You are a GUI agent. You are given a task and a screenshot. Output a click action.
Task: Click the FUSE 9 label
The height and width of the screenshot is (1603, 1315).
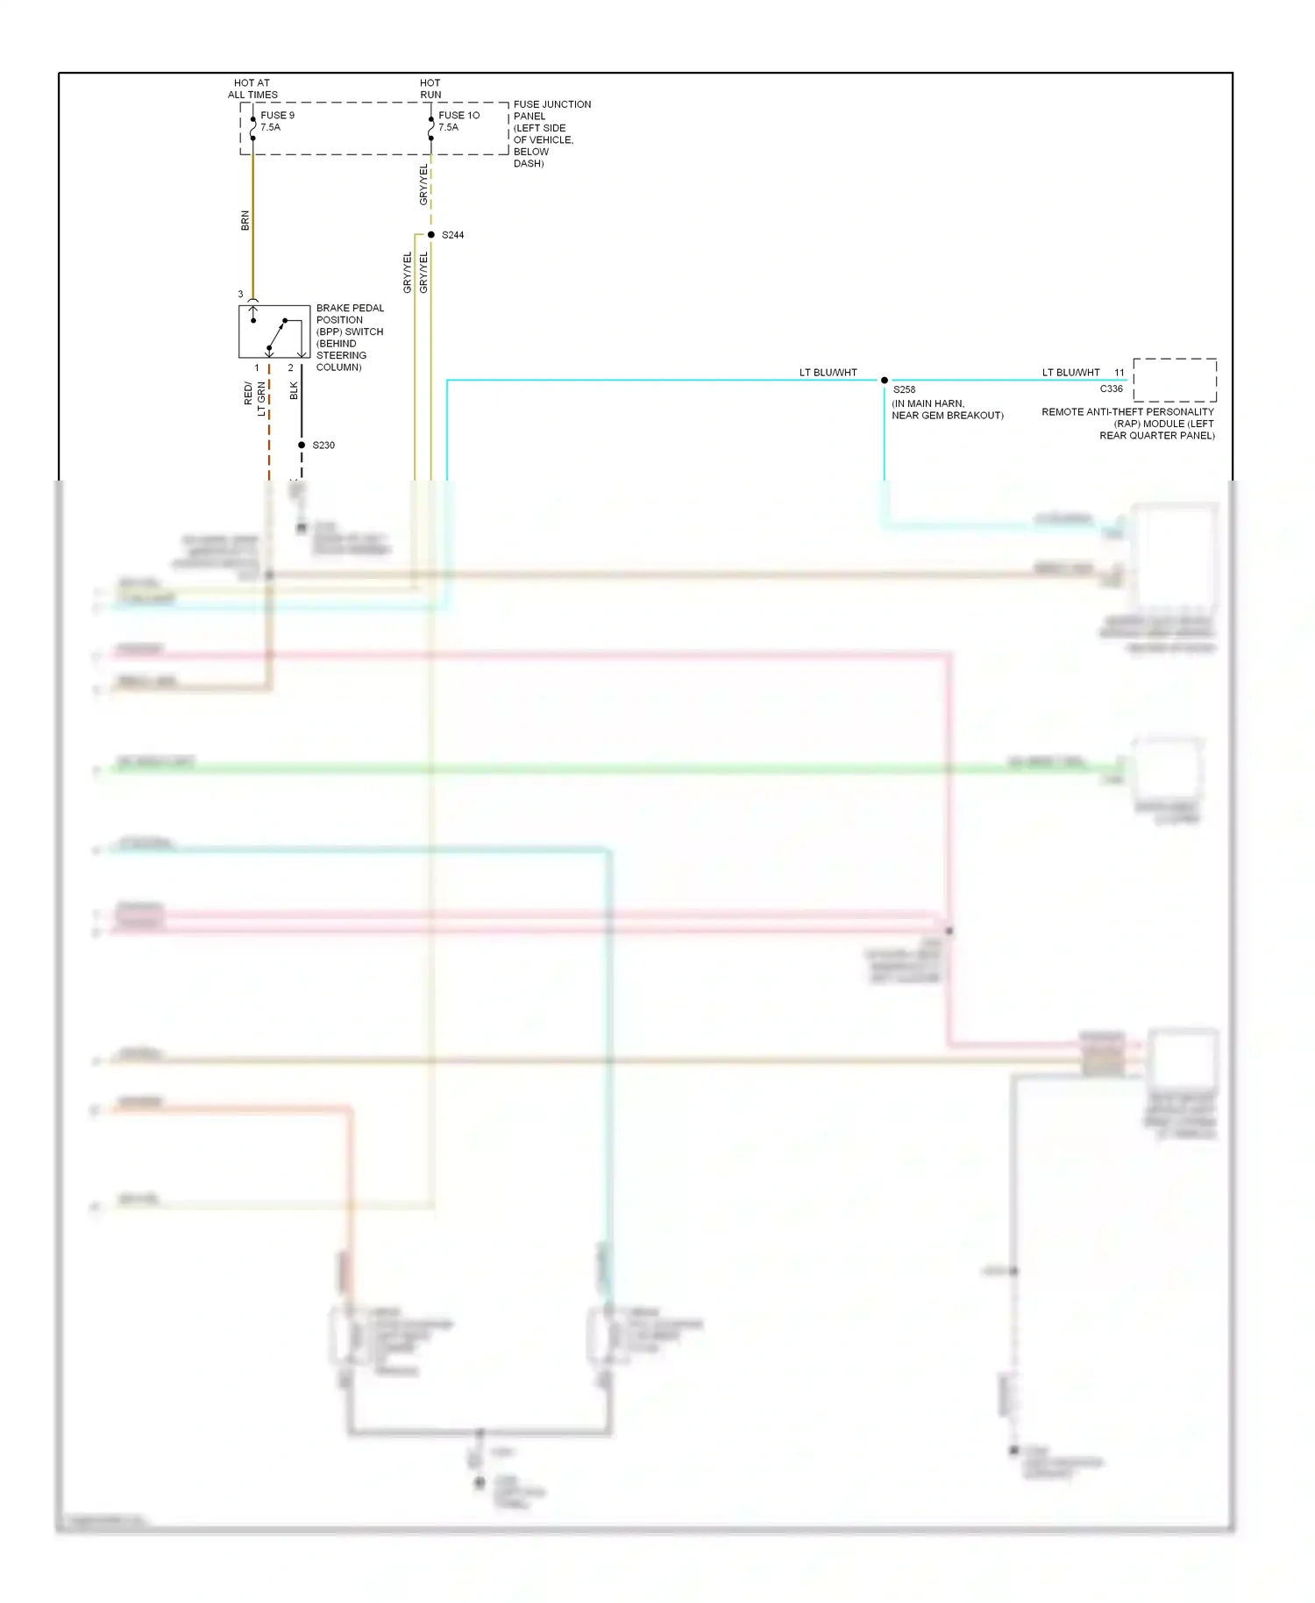(277, 115)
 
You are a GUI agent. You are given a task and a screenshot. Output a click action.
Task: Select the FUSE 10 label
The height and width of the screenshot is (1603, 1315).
(458, 115)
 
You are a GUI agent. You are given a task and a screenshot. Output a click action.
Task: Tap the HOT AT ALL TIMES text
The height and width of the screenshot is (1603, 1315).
(252, 89)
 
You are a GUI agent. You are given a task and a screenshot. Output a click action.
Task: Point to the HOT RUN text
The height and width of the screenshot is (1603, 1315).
(430, 89)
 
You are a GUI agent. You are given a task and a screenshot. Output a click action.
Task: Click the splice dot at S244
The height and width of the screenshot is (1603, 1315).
(430, 235)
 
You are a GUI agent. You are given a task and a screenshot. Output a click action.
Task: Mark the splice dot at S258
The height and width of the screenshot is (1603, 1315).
(884, 381)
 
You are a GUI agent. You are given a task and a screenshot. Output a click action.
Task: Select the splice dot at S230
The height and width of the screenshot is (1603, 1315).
(302, 445)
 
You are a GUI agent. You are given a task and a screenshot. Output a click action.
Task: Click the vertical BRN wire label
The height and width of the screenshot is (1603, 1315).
(245, 221)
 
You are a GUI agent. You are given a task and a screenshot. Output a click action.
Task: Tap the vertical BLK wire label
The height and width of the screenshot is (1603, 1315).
(294, 391)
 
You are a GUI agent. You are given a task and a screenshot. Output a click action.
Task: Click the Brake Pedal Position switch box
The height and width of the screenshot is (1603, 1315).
(274, 331)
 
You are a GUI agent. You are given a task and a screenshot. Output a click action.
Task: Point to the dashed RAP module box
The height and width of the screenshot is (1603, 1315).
(1174, 380)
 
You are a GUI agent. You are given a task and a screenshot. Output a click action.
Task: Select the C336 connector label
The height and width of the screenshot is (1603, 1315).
(1111, 388)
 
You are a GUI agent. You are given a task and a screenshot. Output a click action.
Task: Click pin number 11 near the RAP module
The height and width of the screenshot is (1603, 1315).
(1119, 373)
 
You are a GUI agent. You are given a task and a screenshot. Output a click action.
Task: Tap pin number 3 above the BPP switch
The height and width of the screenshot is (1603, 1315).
(240, 295)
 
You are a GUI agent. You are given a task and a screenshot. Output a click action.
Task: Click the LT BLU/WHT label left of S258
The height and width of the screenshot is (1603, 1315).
(828, 373)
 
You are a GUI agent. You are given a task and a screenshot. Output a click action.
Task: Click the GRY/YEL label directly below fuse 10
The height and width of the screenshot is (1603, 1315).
(423, 185)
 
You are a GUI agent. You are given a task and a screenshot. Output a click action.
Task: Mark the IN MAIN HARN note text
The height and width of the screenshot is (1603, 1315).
(947, 410)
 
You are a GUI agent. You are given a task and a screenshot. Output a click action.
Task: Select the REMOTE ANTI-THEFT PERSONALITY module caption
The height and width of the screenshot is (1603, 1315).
(1128, 424)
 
